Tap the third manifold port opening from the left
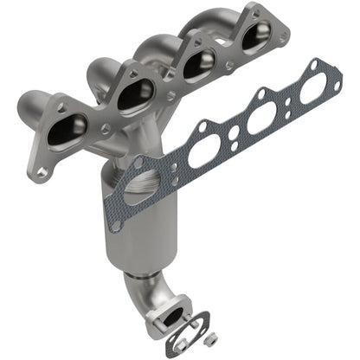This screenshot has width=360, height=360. click(x=198, y=61)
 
